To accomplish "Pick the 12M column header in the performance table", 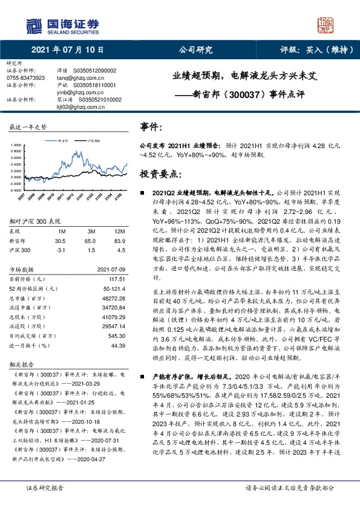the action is point(119,231).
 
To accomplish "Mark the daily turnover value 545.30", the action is point(117,336).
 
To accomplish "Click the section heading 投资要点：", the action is point(161,174).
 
